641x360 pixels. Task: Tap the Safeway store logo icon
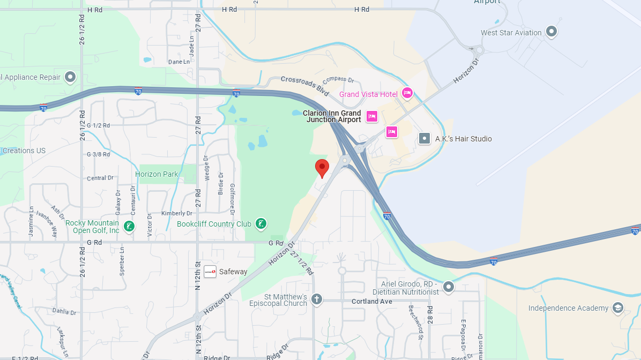click(x=210, y=272)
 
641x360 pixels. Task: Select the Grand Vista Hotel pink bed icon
click(x=407, y=93)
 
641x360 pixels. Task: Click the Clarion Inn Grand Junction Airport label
click(x=332, y=116)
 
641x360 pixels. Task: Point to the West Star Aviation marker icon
click(x=551, y=32)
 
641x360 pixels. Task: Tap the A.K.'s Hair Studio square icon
click(x=424, y=139)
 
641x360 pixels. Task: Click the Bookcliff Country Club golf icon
click(x=260, y=224)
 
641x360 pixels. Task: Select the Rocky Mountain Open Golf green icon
click(x=129, y=226)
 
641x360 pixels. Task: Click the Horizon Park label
click(x=156, y=174)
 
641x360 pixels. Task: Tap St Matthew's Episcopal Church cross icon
click(x=317, y=299)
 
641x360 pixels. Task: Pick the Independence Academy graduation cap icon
click(x=618, y=307)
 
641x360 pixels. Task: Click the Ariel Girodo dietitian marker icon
click(x=449, y=287)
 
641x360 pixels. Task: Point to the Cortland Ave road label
click(x=372, y=302)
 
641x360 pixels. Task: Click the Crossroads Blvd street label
click(x=304, y=85)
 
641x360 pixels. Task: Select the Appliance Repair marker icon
click(x=70, y=77)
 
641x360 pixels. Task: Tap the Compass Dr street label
click(x=338, y=80)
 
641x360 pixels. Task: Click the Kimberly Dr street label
click(x=176, y=213)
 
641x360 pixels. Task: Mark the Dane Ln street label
click(x=178, y=62)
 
